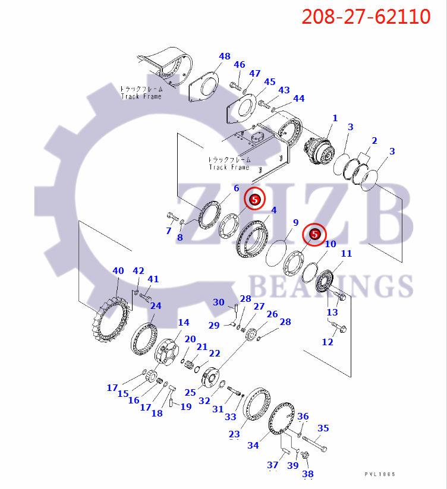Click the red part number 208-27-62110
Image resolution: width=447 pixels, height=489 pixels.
coord(366,17)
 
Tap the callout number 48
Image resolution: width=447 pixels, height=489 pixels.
coord(224,57)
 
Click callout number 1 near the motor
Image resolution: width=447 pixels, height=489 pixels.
coord(335,118)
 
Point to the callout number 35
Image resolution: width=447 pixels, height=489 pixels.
coord(323,428)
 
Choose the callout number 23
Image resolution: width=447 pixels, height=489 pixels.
coord(234,434)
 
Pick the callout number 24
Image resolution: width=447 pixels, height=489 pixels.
coord(155,306)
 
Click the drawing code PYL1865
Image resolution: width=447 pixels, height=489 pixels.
coord(380,474)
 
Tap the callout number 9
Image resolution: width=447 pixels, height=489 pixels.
coord(295,223)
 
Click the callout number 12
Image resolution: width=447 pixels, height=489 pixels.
coord(328,342)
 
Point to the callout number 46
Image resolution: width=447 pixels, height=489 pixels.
coord(239,65)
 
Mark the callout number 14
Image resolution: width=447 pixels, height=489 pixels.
coord(184,323)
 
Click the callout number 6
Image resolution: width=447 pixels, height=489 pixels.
coord(236,188)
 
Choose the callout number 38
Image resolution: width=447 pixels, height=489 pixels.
coord(307,474)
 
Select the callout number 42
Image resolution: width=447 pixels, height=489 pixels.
coord(138,271)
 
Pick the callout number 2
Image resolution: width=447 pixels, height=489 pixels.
coord(374,141)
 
